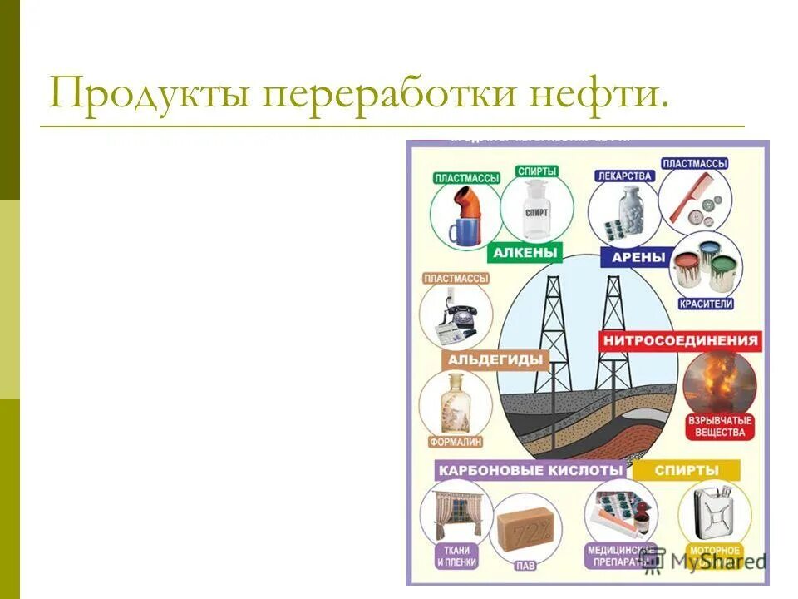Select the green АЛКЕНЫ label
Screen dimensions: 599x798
click(526, 252)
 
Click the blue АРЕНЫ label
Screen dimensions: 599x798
click(638, 257)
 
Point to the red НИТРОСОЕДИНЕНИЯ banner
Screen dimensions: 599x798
click(680, 340)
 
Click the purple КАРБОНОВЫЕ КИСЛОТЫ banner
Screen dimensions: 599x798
click(530, 470)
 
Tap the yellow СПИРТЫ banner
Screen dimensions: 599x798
click(686, 470)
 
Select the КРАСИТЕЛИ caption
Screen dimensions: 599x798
click(706, 304)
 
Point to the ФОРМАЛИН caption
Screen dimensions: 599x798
click(456, 442)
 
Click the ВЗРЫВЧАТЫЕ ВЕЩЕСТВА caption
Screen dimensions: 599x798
click(720, 426)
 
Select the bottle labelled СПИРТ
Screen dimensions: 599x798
click(536, 210)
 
